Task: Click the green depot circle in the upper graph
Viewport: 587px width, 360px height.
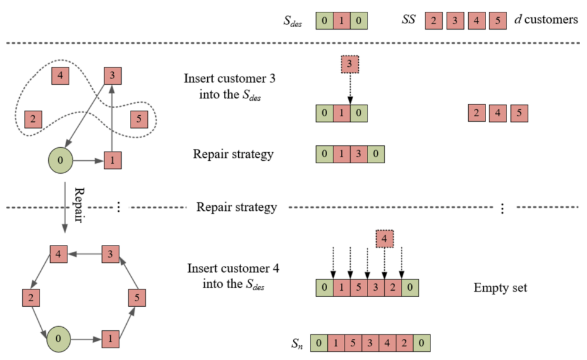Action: pos(60,161)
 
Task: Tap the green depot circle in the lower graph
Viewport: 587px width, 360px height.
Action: pos(58,339)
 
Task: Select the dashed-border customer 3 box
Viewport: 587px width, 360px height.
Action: pos(349,64)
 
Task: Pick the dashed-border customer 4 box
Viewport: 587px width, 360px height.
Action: pos(385,239)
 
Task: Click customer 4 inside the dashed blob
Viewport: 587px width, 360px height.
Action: pos(60,75)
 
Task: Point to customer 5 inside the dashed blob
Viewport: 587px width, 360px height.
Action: pos(139,119)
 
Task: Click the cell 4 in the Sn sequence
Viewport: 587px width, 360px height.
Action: pos(387,343)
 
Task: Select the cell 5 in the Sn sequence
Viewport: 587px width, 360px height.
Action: pos(353,343)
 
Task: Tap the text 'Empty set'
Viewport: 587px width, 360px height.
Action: pos(500,288)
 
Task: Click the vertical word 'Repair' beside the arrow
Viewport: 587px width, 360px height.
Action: pos(79,205)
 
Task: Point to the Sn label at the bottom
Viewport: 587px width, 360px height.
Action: pos(297,343)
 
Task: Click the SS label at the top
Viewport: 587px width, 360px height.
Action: pos(408,19)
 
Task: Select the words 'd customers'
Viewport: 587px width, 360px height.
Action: pos(546,19)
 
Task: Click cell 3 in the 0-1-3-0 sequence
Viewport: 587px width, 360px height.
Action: pos(359,154)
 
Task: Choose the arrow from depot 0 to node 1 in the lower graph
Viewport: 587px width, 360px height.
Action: pos(87,340)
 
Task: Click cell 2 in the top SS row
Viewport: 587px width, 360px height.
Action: pos(434,20)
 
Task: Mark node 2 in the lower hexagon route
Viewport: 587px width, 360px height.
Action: pos(31,298)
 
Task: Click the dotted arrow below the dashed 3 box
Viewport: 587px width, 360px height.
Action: pos(350,88)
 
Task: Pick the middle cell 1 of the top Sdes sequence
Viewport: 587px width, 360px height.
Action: pos(341,20)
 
